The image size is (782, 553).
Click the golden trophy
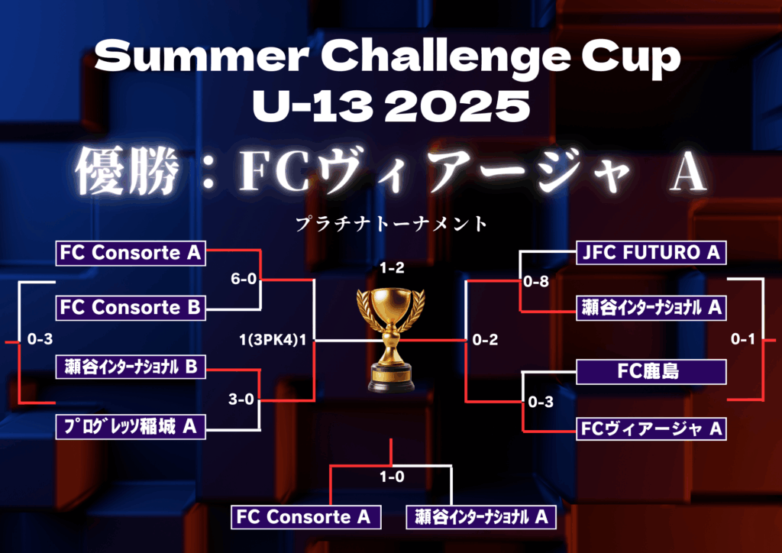coord(391,340)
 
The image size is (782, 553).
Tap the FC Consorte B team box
coord(131,308)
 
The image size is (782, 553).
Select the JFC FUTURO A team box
coord(651,252)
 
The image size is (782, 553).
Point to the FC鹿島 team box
coord(651,371)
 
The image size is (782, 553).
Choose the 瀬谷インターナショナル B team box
coord(131,367)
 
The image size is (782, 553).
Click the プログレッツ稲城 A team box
coord(131,427)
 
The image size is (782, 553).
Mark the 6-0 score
coord(244,279)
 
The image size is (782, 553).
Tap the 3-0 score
coord(241,399)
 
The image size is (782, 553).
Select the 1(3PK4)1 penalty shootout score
coord(273,340)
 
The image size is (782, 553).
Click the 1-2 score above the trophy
coord(392,268)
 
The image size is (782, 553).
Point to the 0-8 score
coord(536,282)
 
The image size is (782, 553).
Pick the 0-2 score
coord(485,340)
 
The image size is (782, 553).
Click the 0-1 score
coord(743,339)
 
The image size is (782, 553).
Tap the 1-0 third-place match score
coord(392,477)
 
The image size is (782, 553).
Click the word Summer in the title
coord(201,57)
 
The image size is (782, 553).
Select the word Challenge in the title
coord(445,57)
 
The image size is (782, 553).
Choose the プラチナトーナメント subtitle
coord(392,223)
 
